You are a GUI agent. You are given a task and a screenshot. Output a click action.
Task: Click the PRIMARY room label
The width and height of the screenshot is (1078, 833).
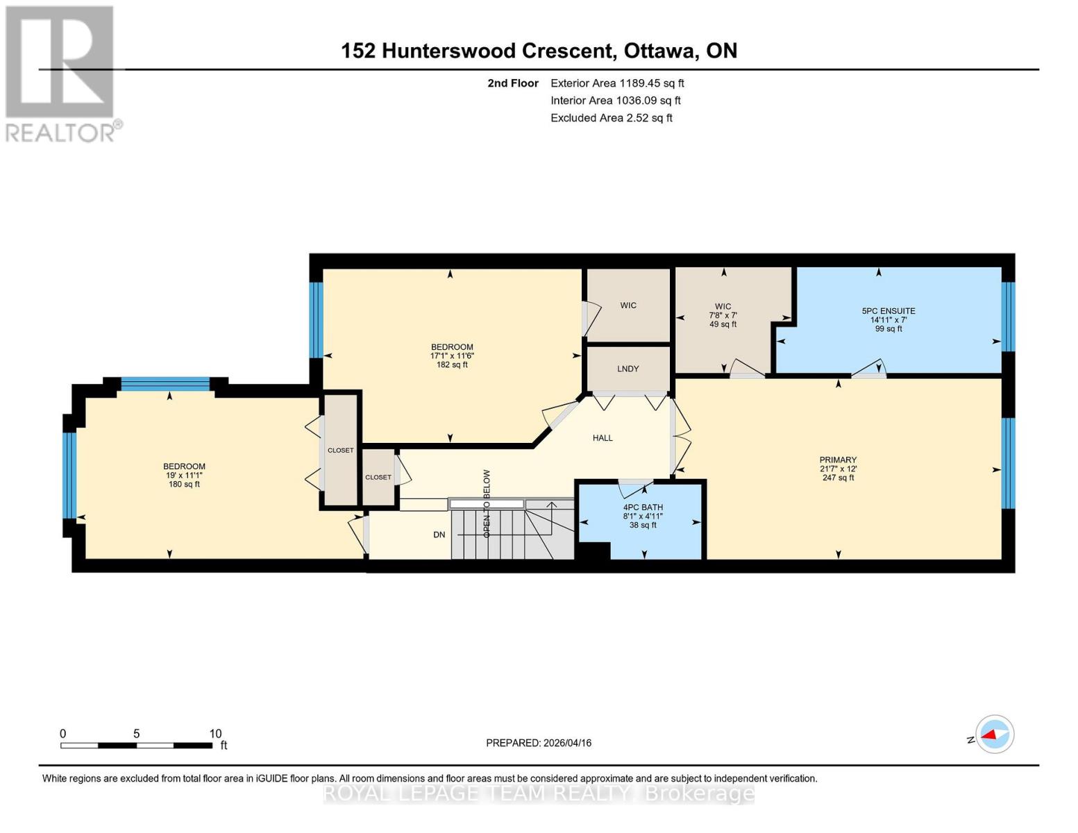pyautogui.click(x=838, y=460)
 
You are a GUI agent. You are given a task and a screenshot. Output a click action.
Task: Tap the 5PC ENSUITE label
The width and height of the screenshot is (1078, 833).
pyautogui.click(x=888, y=311)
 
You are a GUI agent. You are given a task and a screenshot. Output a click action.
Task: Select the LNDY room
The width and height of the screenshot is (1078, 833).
pyautogui.click(x=628, y=369)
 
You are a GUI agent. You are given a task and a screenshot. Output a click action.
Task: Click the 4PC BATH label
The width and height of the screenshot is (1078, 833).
pyautogui.click(x=643, y=507)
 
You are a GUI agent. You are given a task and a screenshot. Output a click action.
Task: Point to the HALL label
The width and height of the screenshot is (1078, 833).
pyautogui.click(x=603, y=438)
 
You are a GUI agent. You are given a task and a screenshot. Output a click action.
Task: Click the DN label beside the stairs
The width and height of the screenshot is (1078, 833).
pyautogui.click(x=439, y=535)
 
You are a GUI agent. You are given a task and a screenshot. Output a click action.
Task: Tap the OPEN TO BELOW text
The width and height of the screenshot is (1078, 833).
pyautogui.click(x=487, y=503)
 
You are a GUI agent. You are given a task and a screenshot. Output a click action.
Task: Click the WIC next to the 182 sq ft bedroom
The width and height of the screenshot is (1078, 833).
pyautogui.click(x=628, y=305)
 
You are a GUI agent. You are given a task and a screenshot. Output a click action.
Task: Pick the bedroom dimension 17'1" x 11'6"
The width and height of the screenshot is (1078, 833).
pyautogui.click(x=452, y=356)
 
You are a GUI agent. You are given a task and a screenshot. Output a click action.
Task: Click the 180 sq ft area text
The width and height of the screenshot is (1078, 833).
pyautogui.click(x=184, y=485)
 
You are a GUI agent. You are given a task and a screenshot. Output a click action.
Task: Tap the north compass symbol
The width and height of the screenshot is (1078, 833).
pyautogui.click(x=994, y=734)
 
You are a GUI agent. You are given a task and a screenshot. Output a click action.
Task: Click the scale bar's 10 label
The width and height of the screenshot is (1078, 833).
pyautogui.click(x=215, y=734)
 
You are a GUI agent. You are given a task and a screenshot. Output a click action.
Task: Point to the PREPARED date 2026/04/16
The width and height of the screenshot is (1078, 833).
pyautogui.click(x=539, y=743)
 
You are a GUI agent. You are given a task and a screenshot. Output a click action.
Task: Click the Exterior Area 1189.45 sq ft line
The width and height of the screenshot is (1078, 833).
pyautogui.click(x=617, y=83)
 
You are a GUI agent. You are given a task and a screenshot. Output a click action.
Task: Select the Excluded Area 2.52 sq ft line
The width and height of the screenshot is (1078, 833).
pyautogui.click(x=611, y=118)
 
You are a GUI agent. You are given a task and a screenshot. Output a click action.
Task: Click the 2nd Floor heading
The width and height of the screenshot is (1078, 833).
pyautogui.click(x=513, y=83)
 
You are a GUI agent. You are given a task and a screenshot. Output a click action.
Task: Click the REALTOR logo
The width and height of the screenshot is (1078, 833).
pyautogui.click(x=61, y=73)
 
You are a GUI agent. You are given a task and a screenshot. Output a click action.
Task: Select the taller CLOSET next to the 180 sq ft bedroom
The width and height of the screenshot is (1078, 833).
pyautogui.click(x=340, y=451)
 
